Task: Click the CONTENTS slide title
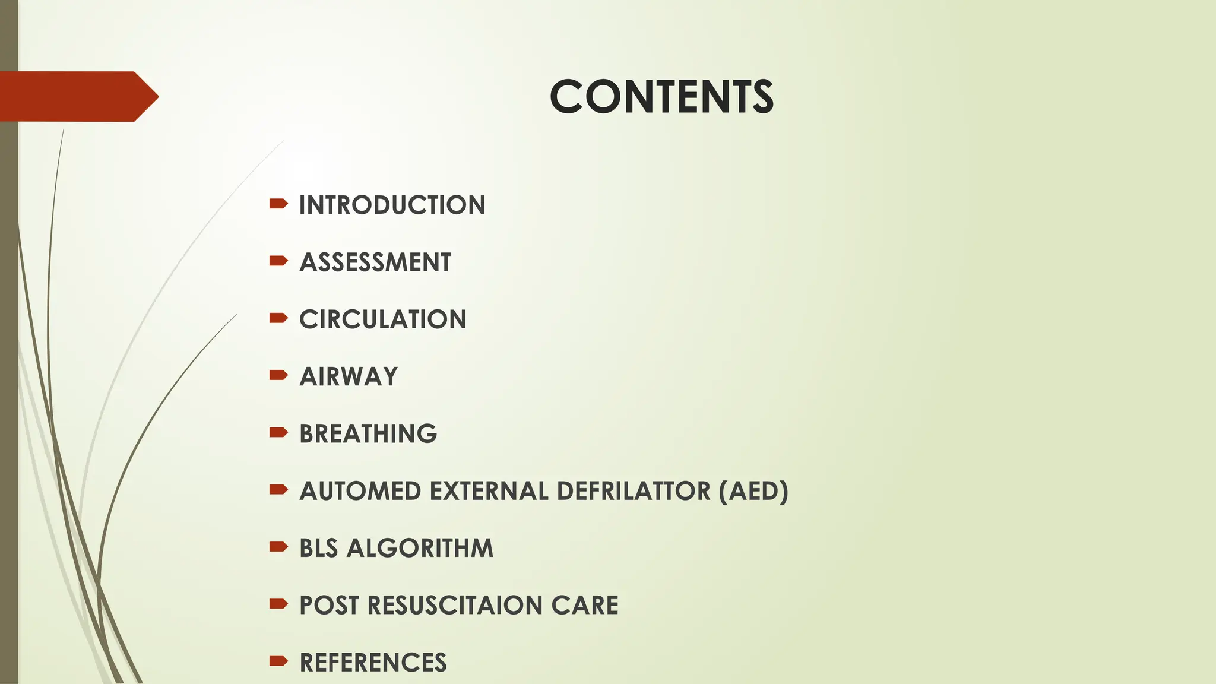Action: [x=661, y=97]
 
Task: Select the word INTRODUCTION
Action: [x=392, y=205]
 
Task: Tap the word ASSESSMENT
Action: [x=375, y=262]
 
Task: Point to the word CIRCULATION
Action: [x=383, y=319]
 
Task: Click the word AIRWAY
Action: [x=349, y=376]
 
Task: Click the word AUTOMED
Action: [x=360, y=491]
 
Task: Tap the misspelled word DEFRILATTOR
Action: [x=634, y=491]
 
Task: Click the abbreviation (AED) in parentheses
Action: [x=753, y=491]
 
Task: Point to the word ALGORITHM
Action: [x=420, y=548]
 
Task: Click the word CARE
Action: [x=585, y=605]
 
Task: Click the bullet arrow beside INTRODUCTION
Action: [x=278, y=204]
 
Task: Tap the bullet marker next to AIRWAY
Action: [x=278, y=375]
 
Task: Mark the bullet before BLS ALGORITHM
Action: [x=278, y=547]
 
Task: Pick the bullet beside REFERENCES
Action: [x=278, y=661]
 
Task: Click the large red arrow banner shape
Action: [x=77, y=96]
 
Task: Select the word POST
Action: [x=329, y=605]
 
